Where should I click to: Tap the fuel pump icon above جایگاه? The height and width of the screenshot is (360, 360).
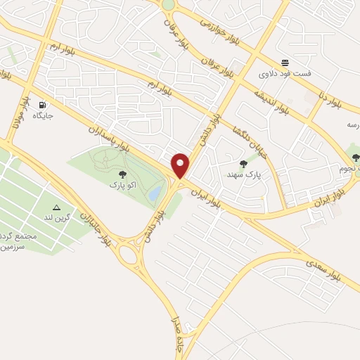44,104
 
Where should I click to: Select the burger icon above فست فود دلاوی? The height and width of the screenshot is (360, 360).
285,62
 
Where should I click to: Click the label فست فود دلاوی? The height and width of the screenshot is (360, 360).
285,73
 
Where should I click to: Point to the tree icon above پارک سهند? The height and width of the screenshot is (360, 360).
243,163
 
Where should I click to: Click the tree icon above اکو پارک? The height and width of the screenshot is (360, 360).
122,174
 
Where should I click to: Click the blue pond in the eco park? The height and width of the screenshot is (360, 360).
154,191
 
